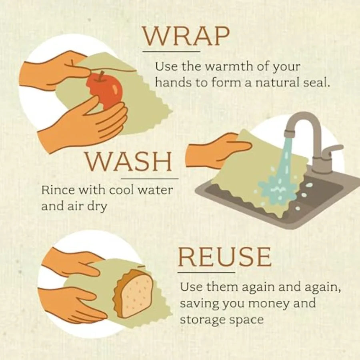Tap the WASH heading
pos(128,163)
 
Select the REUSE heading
pos(224,257)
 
